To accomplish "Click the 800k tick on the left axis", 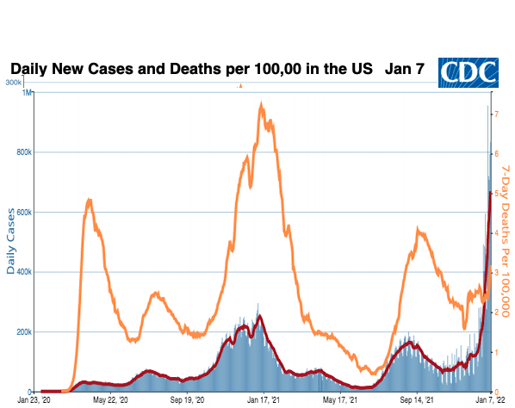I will [24, 152].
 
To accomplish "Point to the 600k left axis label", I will [24, 213].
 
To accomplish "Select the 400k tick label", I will [24, 272].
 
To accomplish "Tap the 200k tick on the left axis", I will [24, 331].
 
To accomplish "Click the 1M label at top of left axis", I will [28, 93].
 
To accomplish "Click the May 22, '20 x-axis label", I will [109, 399].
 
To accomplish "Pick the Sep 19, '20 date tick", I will [187, 399].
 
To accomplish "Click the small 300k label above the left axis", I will [14, 83].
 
